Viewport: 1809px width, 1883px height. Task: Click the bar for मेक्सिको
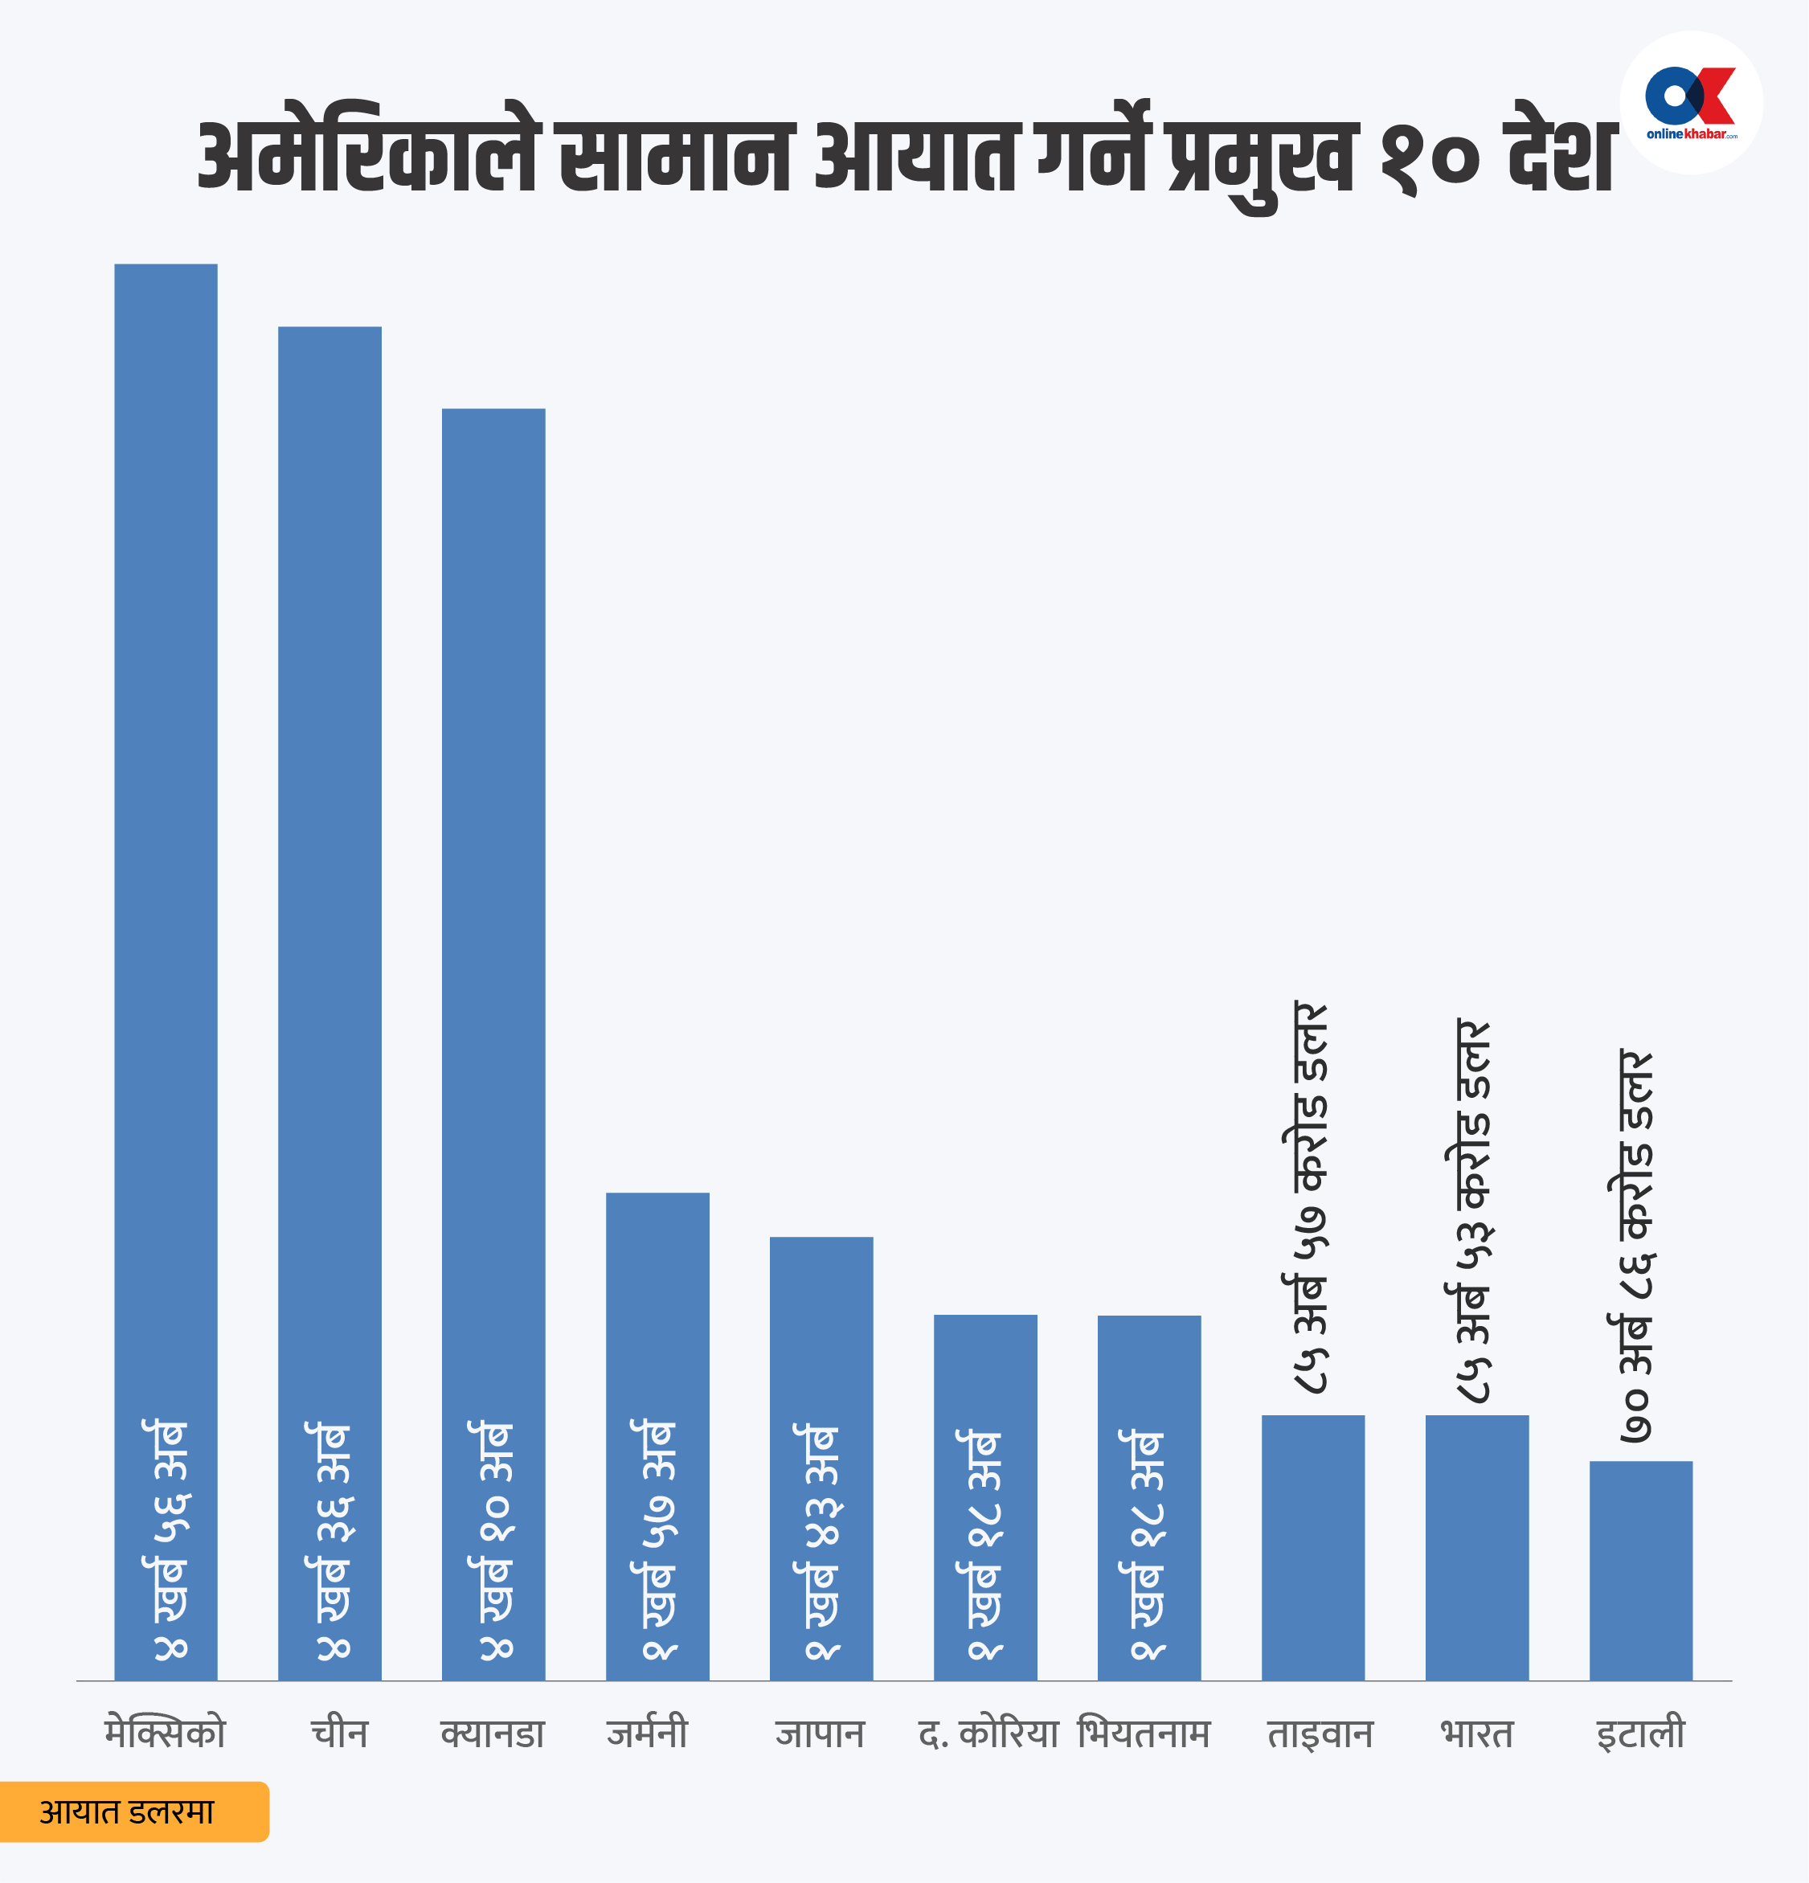pyautogui.click(x=166, y=970)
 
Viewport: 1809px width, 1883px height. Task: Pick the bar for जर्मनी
pyautogui.click(x=657, y=1435)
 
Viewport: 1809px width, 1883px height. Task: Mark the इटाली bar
pyautogui.click(x=1641, y=1570)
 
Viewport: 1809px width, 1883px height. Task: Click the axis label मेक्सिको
pyautogui.click(x=166, y=1734)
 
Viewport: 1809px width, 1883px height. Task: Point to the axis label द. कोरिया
pyautogui.click(x=988, y=1734)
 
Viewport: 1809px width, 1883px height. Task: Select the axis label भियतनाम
pyautogui.click(x=1144, y=1734)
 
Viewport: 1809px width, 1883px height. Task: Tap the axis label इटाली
pyautogui.click(x=1641, y=1734)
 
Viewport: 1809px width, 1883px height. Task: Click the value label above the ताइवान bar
pyautogui.click(x=1308, y=1197)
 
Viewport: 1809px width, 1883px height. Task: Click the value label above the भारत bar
pyautogui.click(x=1471, y=1210)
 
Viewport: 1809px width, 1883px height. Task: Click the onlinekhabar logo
pyautogui.click(x=1691, y=102)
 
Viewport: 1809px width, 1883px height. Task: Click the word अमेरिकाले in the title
pyautogui.click(x=369, y=156)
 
